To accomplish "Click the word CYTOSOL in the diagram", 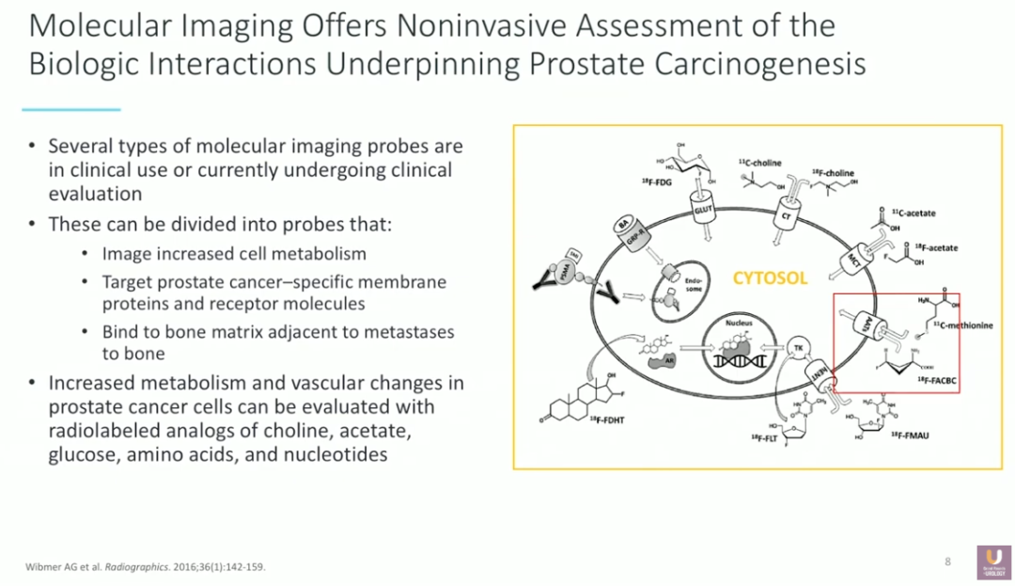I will point(770,278).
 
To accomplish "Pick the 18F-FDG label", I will point(658,182).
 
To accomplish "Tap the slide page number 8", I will point(947,562).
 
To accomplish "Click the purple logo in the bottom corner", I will point(993,562).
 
